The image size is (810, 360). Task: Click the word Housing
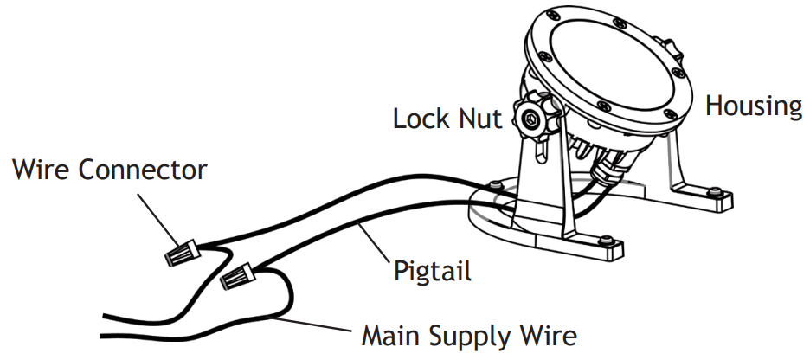(753, 106)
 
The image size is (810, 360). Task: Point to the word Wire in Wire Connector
(40, 169)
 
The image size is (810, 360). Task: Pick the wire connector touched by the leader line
(181, 253)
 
